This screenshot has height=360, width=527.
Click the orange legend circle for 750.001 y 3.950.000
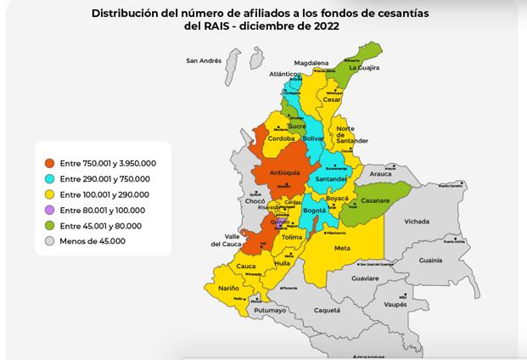coord(50,163)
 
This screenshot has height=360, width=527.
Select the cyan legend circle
coord(50,179)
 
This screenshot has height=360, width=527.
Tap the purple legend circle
coord(50,211)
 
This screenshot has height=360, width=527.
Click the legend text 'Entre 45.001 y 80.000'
coord(99,226)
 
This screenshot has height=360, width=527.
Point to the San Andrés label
coord(204,61)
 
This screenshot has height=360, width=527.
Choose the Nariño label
coord(228,289)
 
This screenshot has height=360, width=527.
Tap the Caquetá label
coord(327,311)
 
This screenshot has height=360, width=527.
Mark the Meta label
coord(343,248)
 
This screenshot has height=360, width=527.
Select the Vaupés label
coord(396,303)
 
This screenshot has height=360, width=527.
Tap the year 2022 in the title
coord(328,26)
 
